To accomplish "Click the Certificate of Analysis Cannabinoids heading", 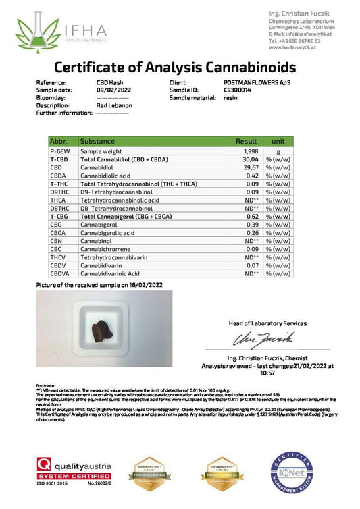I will coord(174,68).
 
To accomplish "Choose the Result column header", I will coord(246,141).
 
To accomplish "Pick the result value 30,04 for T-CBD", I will coord(251,159).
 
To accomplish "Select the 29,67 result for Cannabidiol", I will coord(251,167).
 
